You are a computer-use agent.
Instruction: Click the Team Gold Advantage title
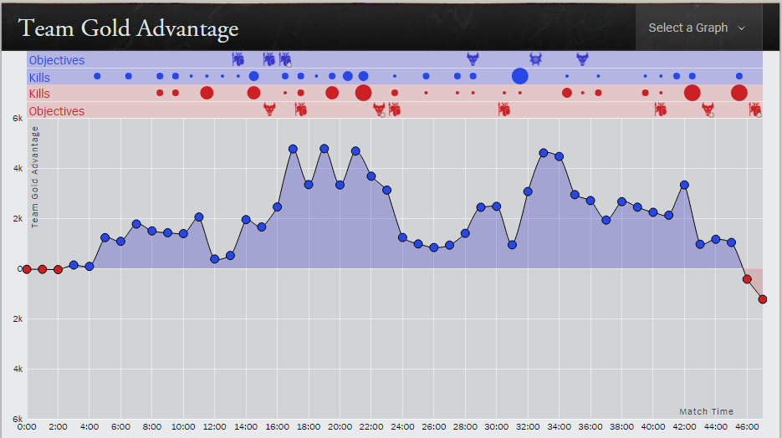point(128,28)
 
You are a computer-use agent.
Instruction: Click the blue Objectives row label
point(57,60)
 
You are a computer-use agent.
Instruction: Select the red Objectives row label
point(57,111)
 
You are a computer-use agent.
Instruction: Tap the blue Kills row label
point(39,78)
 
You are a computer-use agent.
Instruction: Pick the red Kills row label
point(39,94)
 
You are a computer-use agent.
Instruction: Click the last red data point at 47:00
point(763,299)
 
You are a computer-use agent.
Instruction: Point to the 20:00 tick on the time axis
point(340,426)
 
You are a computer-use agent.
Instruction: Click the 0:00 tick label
point(26,426)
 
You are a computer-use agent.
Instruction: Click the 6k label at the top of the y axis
point(16,119)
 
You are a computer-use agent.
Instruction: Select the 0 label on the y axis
point(19,269)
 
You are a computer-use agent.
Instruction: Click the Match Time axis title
point(706,411)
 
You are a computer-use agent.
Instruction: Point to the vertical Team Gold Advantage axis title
point(35,177)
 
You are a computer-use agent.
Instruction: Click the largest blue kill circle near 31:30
point(520,76)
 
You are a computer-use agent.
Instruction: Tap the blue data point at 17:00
point(293,149)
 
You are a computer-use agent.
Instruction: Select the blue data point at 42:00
point(684,185)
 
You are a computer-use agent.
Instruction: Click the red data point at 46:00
point(747,279)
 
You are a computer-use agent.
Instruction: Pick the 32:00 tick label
point(528,426)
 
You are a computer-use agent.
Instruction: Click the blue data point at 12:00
point(214,259)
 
